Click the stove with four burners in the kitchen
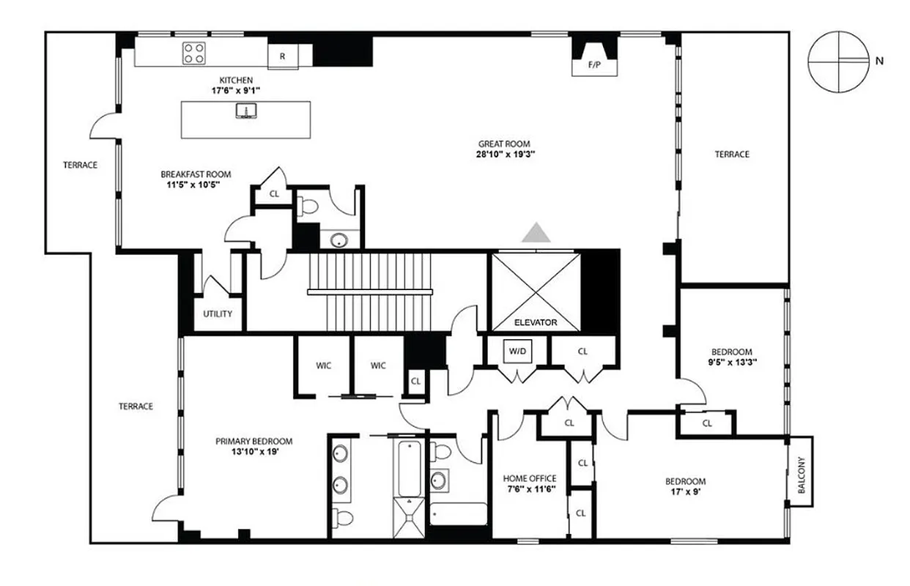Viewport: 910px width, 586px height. click(x=194, y=53)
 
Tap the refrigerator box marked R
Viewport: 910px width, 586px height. click(x=282, y=56)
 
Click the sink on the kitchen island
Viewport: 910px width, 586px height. click(x=245, y=111)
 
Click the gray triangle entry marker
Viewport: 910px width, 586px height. click(x=536, y=232)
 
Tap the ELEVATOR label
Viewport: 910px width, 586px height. click(x=536, y=322)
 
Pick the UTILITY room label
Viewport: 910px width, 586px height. click(x=218, y=314)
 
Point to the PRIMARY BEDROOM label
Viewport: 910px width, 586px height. click(x=254, y=441)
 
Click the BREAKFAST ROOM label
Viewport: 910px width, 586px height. click(x=196, y=174)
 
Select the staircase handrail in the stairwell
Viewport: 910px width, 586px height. click(x=370, y=292)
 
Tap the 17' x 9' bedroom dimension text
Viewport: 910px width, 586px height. click(x=685, y=492)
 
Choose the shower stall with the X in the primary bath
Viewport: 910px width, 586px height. click(x=408, y=517)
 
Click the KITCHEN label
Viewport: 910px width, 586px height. click(x=236, y=80)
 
